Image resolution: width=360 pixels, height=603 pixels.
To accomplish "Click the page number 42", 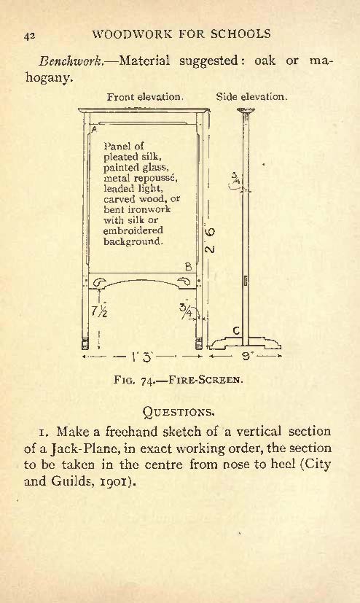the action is (30, 36).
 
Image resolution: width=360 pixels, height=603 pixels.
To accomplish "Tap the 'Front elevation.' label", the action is (145, 96).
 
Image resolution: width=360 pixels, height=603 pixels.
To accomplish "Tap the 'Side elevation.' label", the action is (251, 96).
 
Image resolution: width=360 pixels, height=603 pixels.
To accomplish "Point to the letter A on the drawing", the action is (93, 130).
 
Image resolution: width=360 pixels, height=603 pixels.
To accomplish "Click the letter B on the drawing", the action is (188, 267).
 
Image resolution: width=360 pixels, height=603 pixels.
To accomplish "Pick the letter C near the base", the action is (237, 330).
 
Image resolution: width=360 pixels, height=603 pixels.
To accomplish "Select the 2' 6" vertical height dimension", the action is (210, 241).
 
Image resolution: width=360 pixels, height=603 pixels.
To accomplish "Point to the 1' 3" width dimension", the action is (142, 357).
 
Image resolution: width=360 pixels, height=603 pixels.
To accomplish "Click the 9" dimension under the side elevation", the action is (246, 357).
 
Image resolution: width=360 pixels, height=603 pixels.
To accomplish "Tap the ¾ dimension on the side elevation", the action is (235, 178).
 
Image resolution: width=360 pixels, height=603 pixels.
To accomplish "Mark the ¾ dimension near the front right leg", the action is (187, 310).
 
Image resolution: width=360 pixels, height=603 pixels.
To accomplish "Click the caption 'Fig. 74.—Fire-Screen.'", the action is (179, 381).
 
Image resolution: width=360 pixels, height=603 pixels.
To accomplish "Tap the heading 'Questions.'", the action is (179, 412).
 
